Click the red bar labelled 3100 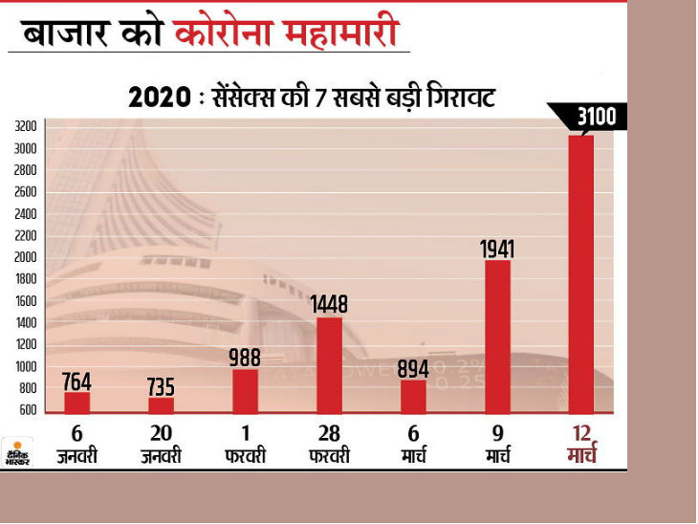[580, 273]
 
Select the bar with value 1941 [497, 335]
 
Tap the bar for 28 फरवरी [329, 364]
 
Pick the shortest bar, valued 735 [162, 404]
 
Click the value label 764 [76, 380]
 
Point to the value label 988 [245, 357]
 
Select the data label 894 [413, 368]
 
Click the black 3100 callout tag [596, 118]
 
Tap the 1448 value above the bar [329, 305]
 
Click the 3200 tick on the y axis [26, 126]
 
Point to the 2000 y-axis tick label [26, 257]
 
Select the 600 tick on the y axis [28, 410]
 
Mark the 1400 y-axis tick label [26, 323]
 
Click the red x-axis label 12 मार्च [579, 445]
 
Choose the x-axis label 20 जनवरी [162, 445]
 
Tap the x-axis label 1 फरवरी [245, 445]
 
